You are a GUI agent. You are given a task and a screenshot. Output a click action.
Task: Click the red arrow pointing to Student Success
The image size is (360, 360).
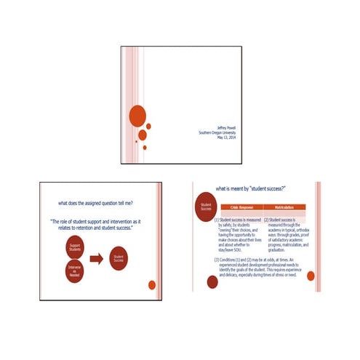coord(96,258)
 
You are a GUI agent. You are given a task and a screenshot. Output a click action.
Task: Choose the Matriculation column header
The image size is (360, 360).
coord(282,209)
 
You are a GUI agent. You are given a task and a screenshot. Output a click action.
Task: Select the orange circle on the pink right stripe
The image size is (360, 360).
coord(311,276)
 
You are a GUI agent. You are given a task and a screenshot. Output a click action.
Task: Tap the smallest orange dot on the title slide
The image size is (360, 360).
coord(145,148)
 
